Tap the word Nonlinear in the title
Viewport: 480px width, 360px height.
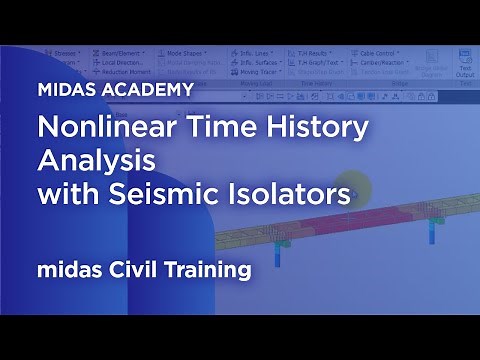point(101,128)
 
